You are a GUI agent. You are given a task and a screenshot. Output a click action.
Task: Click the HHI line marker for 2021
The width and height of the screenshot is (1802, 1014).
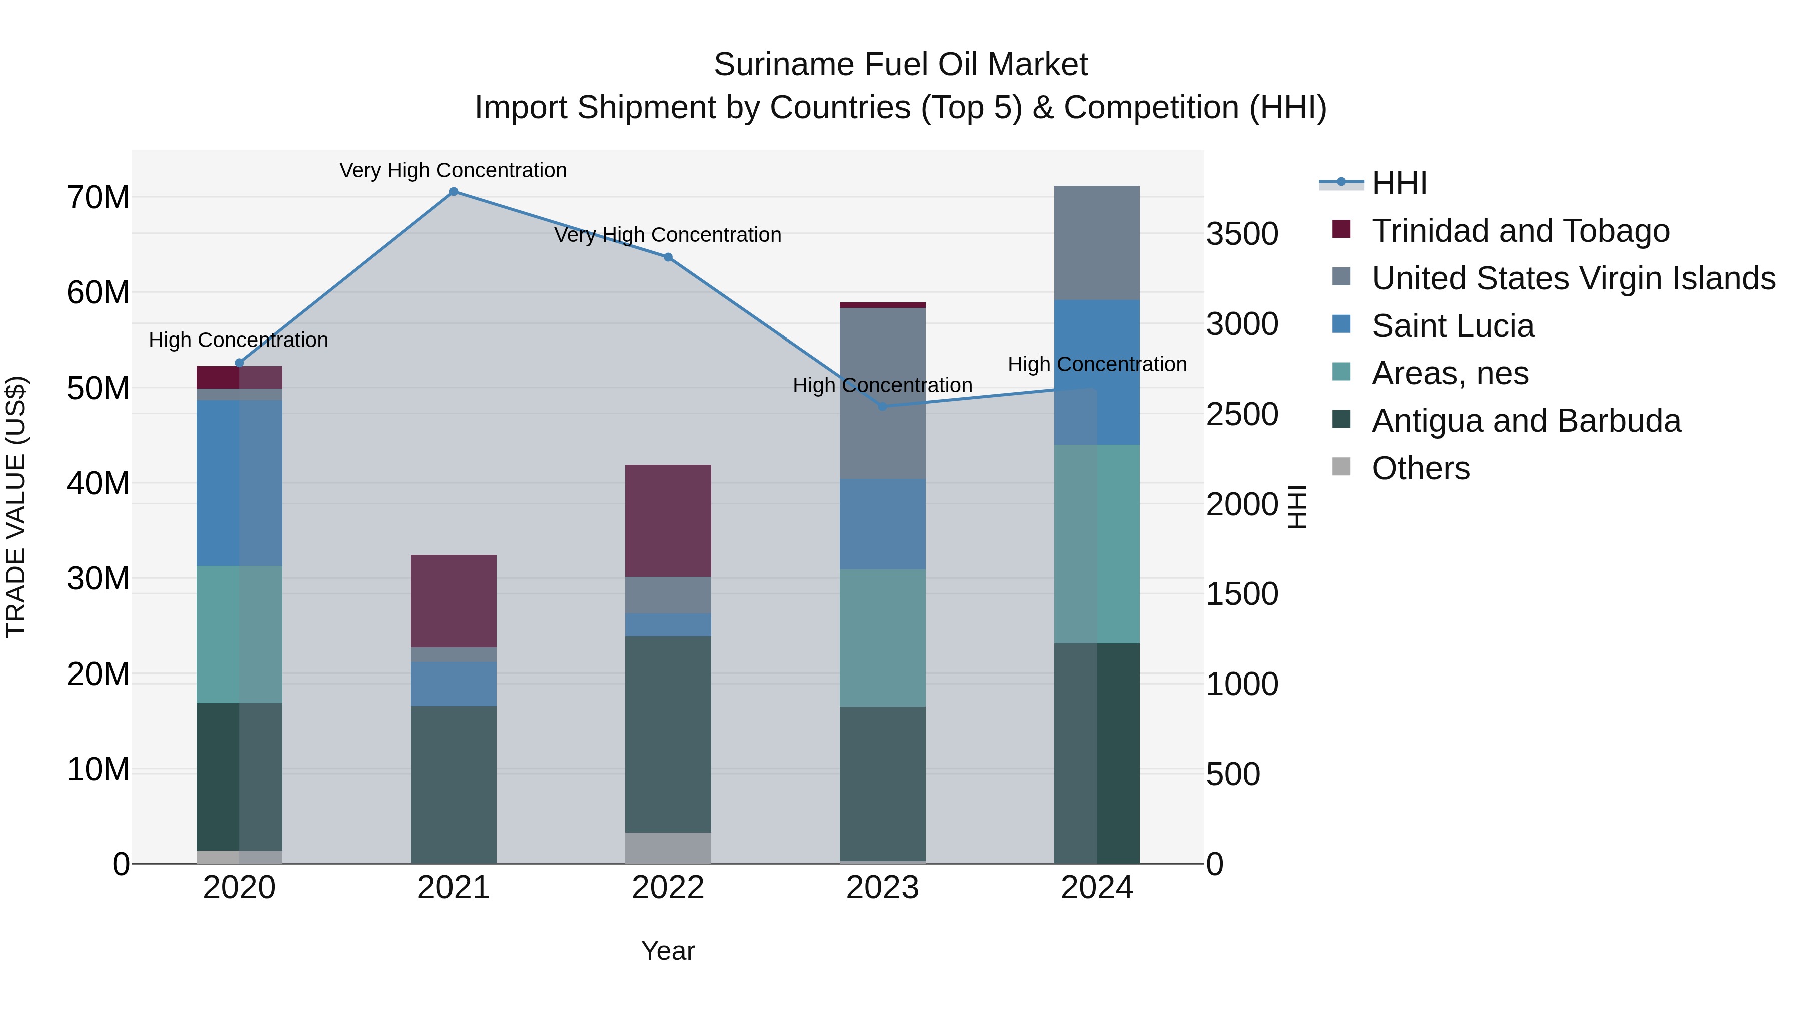[454, 192]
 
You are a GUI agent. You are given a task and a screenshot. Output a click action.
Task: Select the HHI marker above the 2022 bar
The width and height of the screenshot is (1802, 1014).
[668, 257]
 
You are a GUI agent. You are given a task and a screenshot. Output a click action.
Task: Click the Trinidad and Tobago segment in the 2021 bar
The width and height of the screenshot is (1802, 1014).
[454, 601]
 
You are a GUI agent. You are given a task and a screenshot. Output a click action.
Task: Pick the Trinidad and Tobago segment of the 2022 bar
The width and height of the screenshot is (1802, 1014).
[668, 521]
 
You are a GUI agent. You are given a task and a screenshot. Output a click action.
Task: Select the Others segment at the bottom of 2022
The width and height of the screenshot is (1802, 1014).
[668, 848]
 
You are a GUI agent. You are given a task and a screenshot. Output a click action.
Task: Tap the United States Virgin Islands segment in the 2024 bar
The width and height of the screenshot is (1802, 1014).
[1096, 243]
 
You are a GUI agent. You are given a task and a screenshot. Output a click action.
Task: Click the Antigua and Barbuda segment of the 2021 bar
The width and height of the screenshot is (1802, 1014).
[454, 785]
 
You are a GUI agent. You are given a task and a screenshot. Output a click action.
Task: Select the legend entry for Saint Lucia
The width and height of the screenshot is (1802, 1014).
[1452, 326]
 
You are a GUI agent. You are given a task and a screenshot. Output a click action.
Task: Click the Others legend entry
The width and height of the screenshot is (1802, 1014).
[1420, 468]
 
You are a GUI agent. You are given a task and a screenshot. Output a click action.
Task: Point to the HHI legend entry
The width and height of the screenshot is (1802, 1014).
[1399, 183]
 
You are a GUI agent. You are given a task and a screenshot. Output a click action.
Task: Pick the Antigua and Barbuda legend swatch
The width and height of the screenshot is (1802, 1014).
[1341, 420]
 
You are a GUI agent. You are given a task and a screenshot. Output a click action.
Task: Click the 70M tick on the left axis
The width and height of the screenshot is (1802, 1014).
[98, 198]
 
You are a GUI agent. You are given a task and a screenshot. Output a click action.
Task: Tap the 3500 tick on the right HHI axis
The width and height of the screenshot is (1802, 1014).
[1242, 234]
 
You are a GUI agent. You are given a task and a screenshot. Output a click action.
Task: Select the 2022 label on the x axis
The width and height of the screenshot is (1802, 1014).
[668, 888]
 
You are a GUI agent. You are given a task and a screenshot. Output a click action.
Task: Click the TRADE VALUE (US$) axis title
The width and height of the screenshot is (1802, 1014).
[16, 507]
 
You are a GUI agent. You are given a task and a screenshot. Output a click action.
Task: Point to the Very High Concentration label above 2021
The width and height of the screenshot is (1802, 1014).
[454, 170]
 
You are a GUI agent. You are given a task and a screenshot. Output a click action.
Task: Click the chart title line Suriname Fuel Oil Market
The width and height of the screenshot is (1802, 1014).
[900, 65]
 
